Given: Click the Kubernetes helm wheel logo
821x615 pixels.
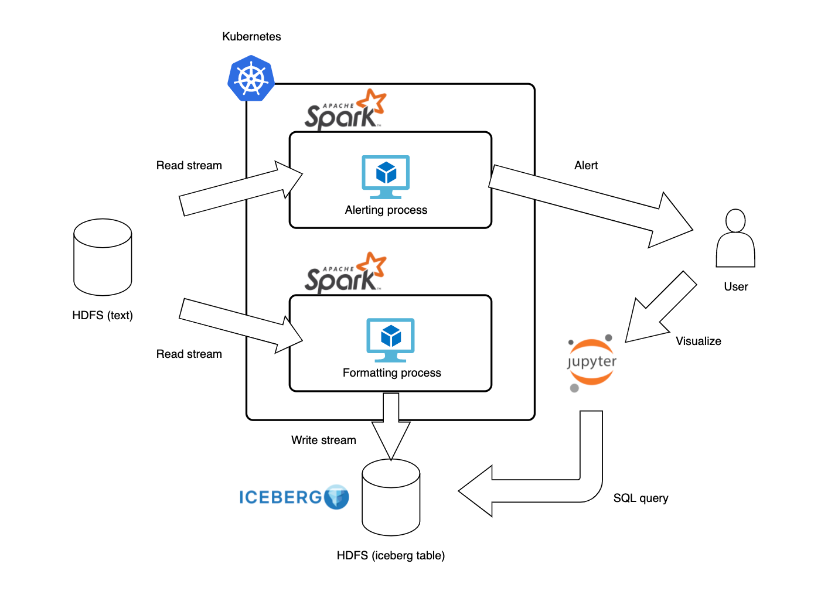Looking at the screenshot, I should (251, 78).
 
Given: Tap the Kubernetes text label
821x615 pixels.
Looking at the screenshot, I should (251, 36).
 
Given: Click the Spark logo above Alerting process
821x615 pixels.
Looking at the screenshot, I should (345, 110).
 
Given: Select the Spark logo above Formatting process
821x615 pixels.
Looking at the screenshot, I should (345, 273).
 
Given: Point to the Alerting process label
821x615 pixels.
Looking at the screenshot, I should (386, 210).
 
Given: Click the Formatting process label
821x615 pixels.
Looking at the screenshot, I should (391, 373).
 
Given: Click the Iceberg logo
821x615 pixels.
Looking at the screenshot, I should (294, 497).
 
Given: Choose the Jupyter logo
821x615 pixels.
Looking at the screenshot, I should (592, 362).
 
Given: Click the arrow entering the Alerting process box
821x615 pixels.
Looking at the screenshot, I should (240, 189).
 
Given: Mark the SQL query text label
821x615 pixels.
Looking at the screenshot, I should (641, 498).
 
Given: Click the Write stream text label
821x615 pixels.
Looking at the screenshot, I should (323, 440).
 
